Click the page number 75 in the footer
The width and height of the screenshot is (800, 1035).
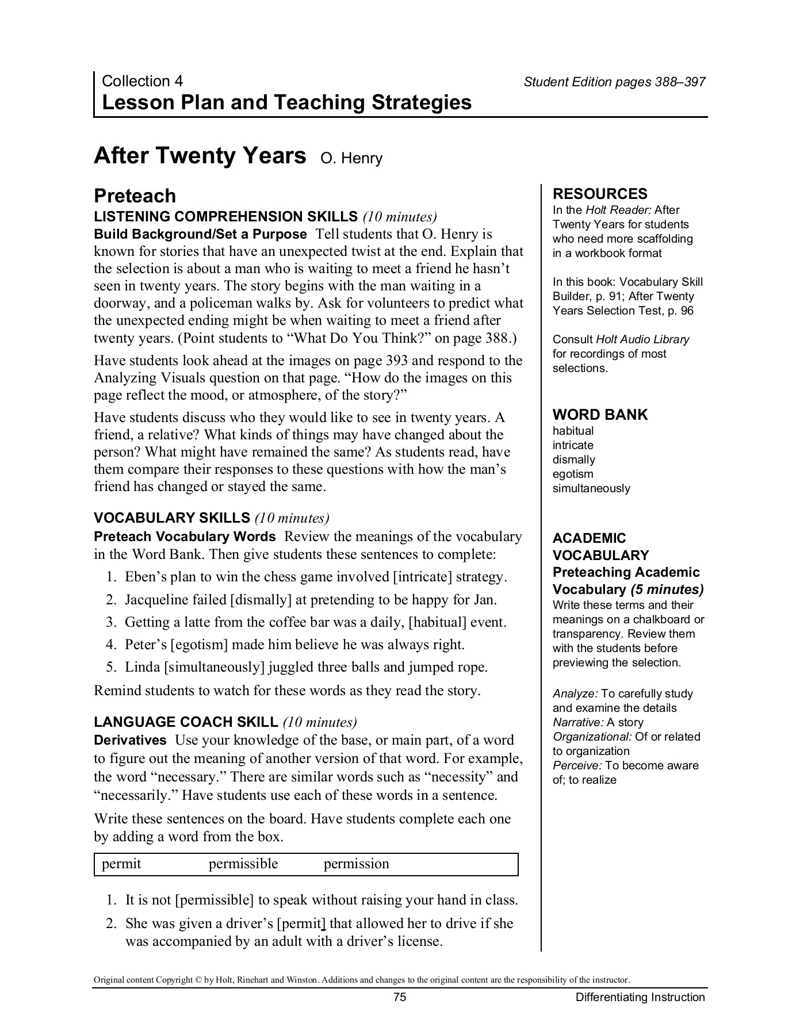pos(400,997)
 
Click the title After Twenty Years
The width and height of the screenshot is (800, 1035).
pos(200,156)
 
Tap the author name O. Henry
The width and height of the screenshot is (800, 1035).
pos(351,158)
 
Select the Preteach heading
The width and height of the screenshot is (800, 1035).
pos(135,196)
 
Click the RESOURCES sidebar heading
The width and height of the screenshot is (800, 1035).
pos(600,194)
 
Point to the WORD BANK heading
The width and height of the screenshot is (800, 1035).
pos(600,415)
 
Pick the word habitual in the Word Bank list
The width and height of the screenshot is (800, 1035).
pos(573,431)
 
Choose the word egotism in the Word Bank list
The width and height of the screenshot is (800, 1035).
pos(572,474)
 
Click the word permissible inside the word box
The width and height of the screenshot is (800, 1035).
pos(243,864)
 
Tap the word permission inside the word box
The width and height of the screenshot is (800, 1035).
pos(356,864)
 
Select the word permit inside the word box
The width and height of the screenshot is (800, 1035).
pos(121,864)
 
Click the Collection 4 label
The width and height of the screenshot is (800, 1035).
pos(142,81)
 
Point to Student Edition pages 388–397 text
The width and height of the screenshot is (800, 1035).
pos(614,82)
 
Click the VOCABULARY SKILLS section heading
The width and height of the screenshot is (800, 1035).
pos(172,518)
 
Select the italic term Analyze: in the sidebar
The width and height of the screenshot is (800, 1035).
pos(575,693)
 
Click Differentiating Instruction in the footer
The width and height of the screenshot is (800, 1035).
pos(640,997)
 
